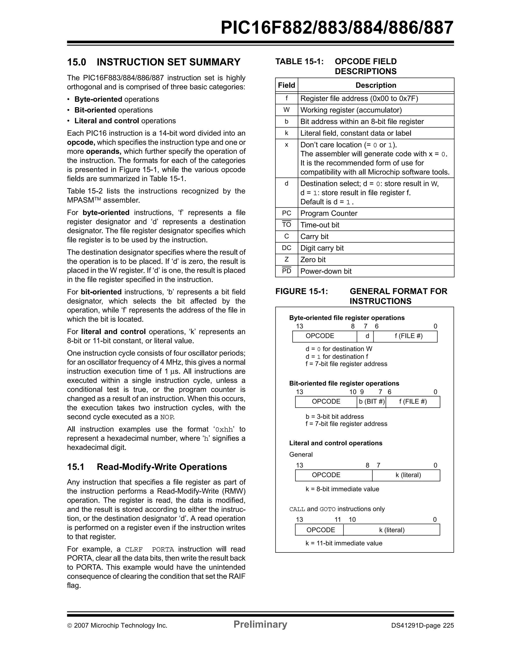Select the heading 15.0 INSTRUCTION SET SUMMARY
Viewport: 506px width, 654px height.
[x=154, y=62]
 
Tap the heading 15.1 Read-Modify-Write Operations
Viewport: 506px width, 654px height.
[x=147, y=467]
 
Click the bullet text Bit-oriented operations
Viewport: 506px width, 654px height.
[x=113, y=110]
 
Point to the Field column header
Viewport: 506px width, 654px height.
[x=287, y=85]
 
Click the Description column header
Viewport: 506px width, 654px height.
[x=376, y=85]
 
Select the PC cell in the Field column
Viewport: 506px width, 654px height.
[x=287, y=213]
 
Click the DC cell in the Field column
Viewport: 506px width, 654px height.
[x=287, y=248]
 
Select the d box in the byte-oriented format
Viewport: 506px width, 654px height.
[x=367, y=336]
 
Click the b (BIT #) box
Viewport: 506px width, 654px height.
[x=372, y=401]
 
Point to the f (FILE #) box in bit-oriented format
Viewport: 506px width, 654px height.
[x=413, y=401]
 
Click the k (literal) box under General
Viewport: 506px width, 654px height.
[x=408, y=475]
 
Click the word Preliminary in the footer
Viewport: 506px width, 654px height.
[x=260, y=624]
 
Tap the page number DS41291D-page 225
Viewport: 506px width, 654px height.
[x=422, y=626]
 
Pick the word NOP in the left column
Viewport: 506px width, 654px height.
[x=167, y=417]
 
